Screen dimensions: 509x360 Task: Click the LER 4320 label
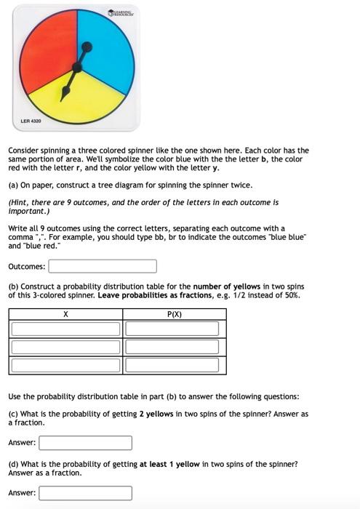tap(30, 120)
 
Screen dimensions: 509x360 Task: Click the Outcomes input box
tap(103, 267)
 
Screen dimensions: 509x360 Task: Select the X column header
tap(65, 315)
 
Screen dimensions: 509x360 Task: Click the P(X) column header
tap(174, 315)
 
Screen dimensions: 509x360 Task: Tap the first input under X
tap(65, 329)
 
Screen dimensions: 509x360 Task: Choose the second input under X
tap(65, 347)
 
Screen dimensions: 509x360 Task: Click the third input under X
tap(65, 365)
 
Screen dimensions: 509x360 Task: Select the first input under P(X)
tap(172, 329)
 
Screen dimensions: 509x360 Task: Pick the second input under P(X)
tap(172, 347)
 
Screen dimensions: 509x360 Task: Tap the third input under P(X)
tap(172, 365)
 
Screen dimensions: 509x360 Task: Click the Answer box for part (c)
tap(85, 443)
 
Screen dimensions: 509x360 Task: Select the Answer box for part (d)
tap(85, 493)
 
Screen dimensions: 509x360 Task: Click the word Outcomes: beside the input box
tap(27, 267)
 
